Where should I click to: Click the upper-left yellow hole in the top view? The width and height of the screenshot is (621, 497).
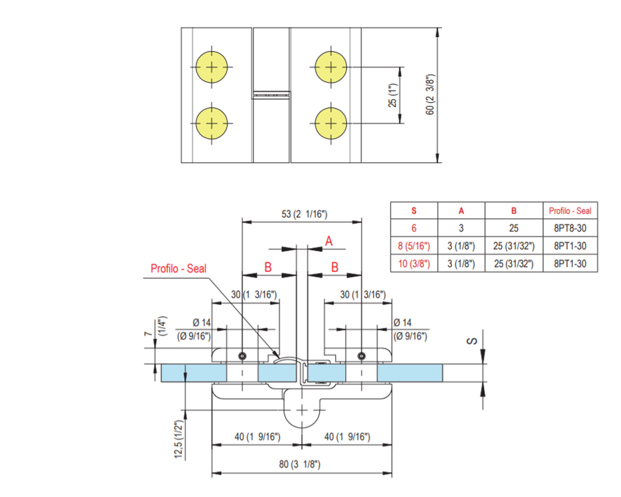click(x=212, y=67)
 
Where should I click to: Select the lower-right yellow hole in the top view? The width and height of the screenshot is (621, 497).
click(x=331, y=123)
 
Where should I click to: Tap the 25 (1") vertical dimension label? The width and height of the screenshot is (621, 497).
click(x=392, y=96)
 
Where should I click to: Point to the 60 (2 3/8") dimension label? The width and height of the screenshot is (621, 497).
click(x=430, y=95)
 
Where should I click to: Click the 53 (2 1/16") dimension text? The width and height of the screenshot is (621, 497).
click(x=304, y=214)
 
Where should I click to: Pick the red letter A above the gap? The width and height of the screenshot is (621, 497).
click(x=329, y=241)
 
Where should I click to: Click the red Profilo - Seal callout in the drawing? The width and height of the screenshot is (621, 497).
click(x=178, y=269)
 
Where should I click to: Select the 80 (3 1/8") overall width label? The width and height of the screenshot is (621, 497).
click(x=300, y=464)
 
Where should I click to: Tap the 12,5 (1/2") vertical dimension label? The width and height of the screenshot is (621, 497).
click(x=178, y=439)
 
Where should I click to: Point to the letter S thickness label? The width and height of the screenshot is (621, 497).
click(x=472, y=341)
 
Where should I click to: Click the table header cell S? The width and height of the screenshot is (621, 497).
click(x=414, y=211)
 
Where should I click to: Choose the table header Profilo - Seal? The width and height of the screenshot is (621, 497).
click(x=570, y=211)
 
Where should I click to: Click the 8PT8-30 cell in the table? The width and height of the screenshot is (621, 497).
click(x=570, y=228)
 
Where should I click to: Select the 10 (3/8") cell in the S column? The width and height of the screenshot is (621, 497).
click(x=414, y=264)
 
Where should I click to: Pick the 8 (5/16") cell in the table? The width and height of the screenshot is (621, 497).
click(x=414, y=246)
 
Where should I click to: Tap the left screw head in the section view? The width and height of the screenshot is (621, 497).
click(x=243, y=356)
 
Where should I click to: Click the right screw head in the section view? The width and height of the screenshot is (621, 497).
click(x=361, y=356)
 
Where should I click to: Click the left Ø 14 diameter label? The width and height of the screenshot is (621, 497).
click(x=202, y=323)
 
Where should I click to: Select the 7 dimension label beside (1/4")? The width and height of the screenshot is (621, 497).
click(x=148, y=334)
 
